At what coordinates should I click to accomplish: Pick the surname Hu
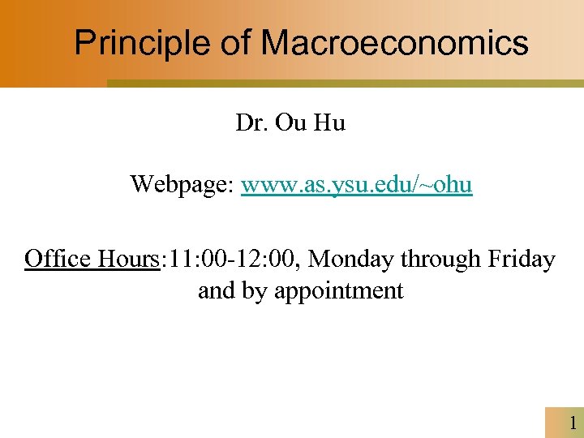(329, 124)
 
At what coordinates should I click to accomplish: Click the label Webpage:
(182, 185)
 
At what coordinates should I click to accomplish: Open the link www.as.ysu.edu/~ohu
(357, 185)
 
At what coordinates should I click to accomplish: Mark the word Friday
(522, 260)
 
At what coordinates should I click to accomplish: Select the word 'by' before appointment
(255, 291)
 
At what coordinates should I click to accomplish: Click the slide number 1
(573, 423)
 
